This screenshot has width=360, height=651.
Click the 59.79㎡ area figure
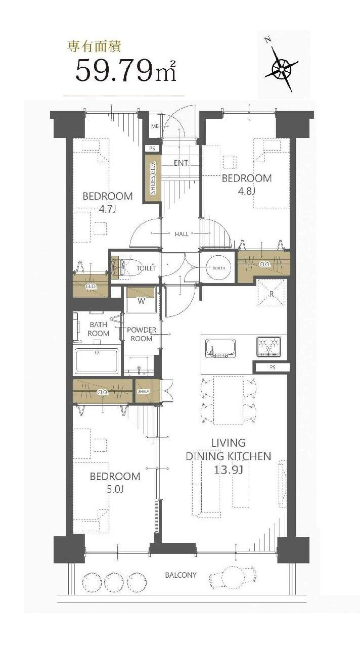click(126, 71)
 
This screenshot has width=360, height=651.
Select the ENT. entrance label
click(182, 163)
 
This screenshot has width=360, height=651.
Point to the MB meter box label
click(155, 126)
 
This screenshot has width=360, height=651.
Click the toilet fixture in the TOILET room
click(119, 267)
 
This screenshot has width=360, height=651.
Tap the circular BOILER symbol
click(218, 268)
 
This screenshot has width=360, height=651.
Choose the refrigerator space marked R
click(271, 293)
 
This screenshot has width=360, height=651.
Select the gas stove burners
click(268, 346)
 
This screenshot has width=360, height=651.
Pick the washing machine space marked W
click(142, 300)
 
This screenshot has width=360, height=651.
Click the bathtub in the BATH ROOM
click(97, 361)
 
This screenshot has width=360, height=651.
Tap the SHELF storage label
click(144, 392)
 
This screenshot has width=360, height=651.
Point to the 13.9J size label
click(228, 470)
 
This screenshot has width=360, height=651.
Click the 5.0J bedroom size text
click(115, 489)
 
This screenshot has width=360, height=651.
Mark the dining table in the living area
click(228, 400)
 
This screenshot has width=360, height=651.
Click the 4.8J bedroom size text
click(246, 191)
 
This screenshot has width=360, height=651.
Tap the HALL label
click(182, 234)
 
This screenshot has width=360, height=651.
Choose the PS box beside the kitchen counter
click(273, 367)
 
